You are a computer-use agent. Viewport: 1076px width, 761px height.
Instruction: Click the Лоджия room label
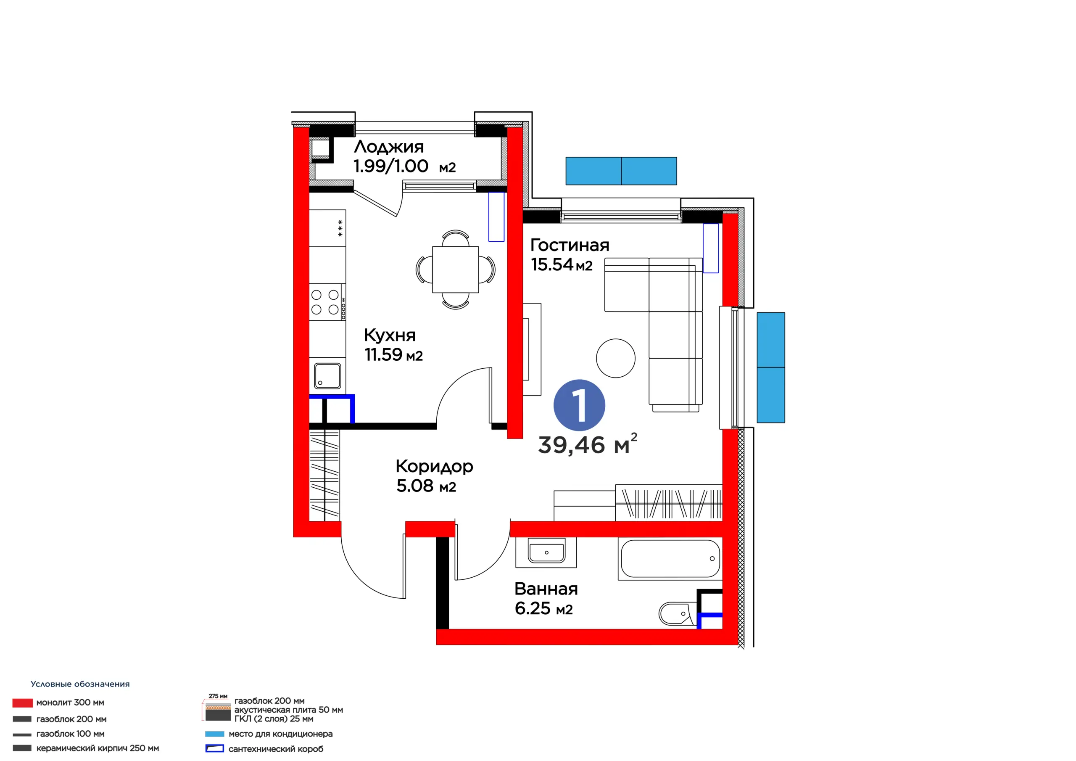point(389,147)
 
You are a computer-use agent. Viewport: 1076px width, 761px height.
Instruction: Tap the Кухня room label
point(390,335)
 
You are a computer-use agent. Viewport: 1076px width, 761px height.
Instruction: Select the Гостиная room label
point(570,245)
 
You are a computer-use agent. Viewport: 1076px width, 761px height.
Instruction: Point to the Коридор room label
point(435,467)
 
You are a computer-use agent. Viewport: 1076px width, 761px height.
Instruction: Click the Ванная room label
point(546,589)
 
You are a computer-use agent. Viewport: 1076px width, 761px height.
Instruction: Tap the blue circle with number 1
point(579,405)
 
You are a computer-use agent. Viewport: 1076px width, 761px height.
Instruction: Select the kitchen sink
point(327,376)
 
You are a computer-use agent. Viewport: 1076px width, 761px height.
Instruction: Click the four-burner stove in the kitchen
point(327,302)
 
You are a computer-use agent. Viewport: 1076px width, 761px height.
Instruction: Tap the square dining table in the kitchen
point(456,270)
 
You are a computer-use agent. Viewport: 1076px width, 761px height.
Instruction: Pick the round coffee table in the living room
point(616,358)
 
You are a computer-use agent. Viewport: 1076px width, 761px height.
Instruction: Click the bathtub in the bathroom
point(670,558)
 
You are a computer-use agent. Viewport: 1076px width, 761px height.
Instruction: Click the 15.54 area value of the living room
point(552,264)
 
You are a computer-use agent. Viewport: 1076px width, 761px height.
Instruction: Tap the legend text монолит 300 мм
point(70,703)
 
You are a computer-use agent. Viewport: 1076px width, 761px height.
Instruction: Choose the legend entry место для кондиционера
point(281,734)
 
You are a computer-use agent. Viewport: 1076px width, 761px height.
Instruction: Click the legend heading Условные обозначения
point(80,684)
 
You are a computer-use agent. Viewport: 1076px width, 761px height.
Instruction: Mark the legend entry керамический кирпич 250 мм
point(98,748)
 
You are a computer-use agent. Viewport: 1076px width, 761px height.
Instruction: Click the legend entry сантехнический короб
point(276,749)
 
